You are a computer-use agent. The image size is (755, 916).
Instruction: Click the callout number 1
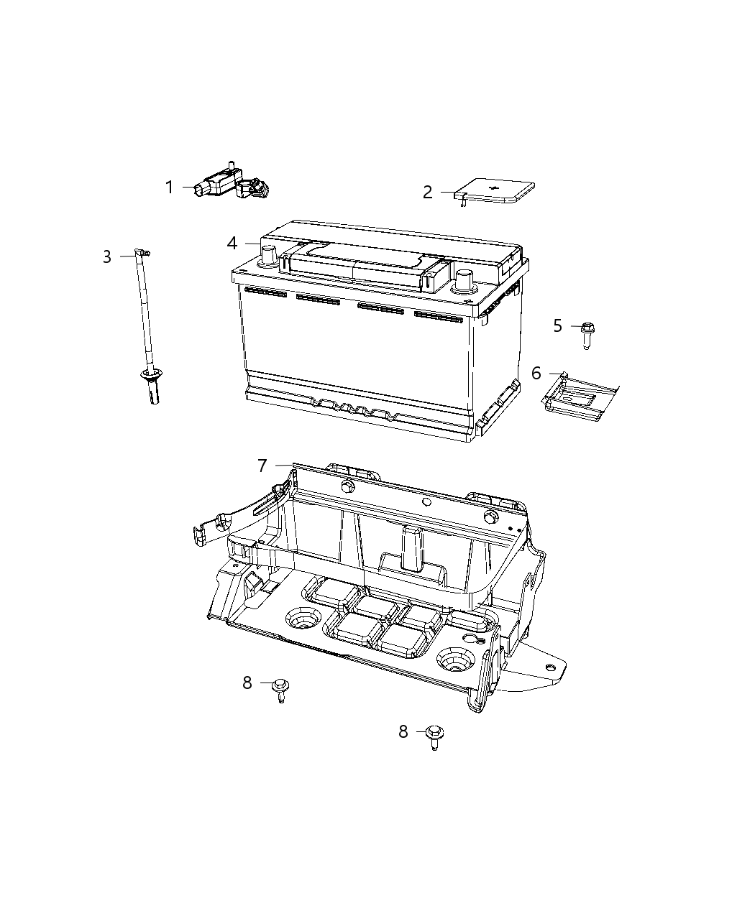pyautogui.click(x=169, y=188)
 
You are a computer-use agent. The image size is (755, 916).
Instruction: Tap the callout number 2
pyautogui.click(x=428, y=193)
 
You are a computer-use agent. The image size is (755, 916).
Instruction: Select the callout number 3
pyautogui.click(x=107, y=257)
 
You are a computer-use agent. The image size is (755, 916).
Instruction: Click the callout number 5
pyautogui.click(x=557, y=326)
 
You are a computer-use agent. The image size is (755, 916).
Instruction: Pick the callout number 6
pyautogui.click(x=536, y=374)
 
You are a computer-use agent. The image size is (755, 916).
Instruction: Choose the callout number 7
pyautogui.click(x=262, y=466)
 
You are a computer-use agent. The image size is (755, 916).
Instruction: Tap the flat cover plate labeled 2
pyautogui.click(x=496, y=192)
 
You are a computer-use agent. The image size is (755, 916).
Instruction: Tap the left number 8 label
pyautogui.click(x=247, y=683)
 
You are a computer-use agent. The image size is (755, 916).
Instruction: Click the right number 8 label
pyautogui.click(x=403, y=732)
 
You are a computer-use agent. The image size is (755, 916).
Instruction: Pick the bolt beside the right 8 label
pyautogui.click(x=435, y=736)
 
